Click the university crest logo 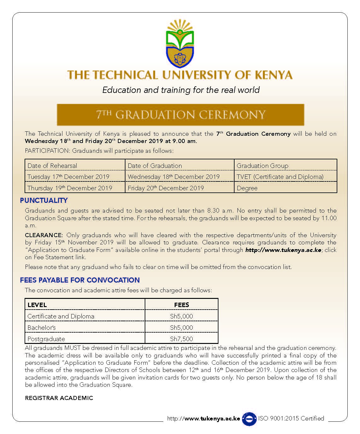180,44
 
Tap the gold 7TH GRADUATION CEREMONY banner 180,115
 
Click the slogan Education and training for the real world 181,90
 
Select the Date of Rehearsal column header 52,166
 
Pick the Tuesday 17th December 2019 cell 68,177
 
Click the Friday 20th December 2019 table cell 166,188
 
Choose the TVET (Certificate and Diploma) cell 280,177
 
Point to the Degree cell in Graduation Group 247,188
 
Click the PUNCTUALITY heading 44,200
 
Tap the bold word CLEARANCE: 44,235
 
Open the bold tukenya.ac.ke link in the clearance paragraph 283,250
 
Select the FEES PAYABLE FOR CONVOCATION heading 80,280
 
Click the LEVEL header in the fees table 37,305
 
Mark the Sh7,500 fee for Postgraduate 181,339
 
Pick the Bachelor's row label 42,328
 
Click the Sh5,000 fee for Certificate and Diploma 181,316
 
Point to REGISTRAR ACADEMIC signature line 59,398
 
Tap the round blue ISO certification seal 249,419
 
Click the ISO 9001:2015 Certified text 291,418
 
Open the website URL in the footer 204,419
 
